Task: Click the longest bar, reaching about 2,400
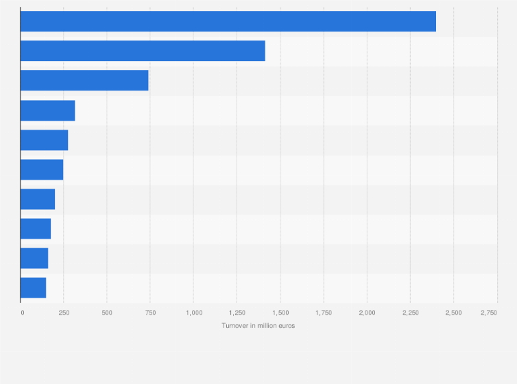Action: pos(228,21)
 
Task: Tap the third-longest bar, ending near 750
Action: pos(84,80)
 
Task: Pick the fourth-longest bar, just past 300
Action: pos(48,110)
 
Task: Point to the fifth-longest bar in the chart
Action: pos(45,140)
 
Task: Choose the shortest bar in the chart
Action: pos(34,287)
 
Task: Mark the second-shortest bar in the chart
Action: pos(34,258)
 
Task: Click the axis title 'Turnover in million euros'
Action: pos(258,326)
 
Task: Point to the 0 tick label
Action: pos(22,313)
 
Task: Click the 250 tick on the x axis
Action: pos(64,313)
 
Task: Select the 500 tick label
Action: pos(107,313)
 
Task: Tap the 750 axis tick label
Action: pos(150,313)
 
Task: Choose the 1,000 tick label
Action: pos(193,313)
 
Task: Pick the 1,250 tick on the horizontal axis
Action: pos(237,313)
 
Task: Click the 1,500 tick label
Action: pos(280,313)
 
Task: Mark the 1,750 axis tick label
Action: pos(324,313)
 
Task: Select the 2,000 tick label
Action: pos(367,313)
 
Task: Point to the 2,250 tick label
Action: pos(410,313)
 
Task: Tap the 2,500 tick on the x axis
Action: pos(453,313)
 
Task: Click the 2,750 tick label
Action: pos(489,313)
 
